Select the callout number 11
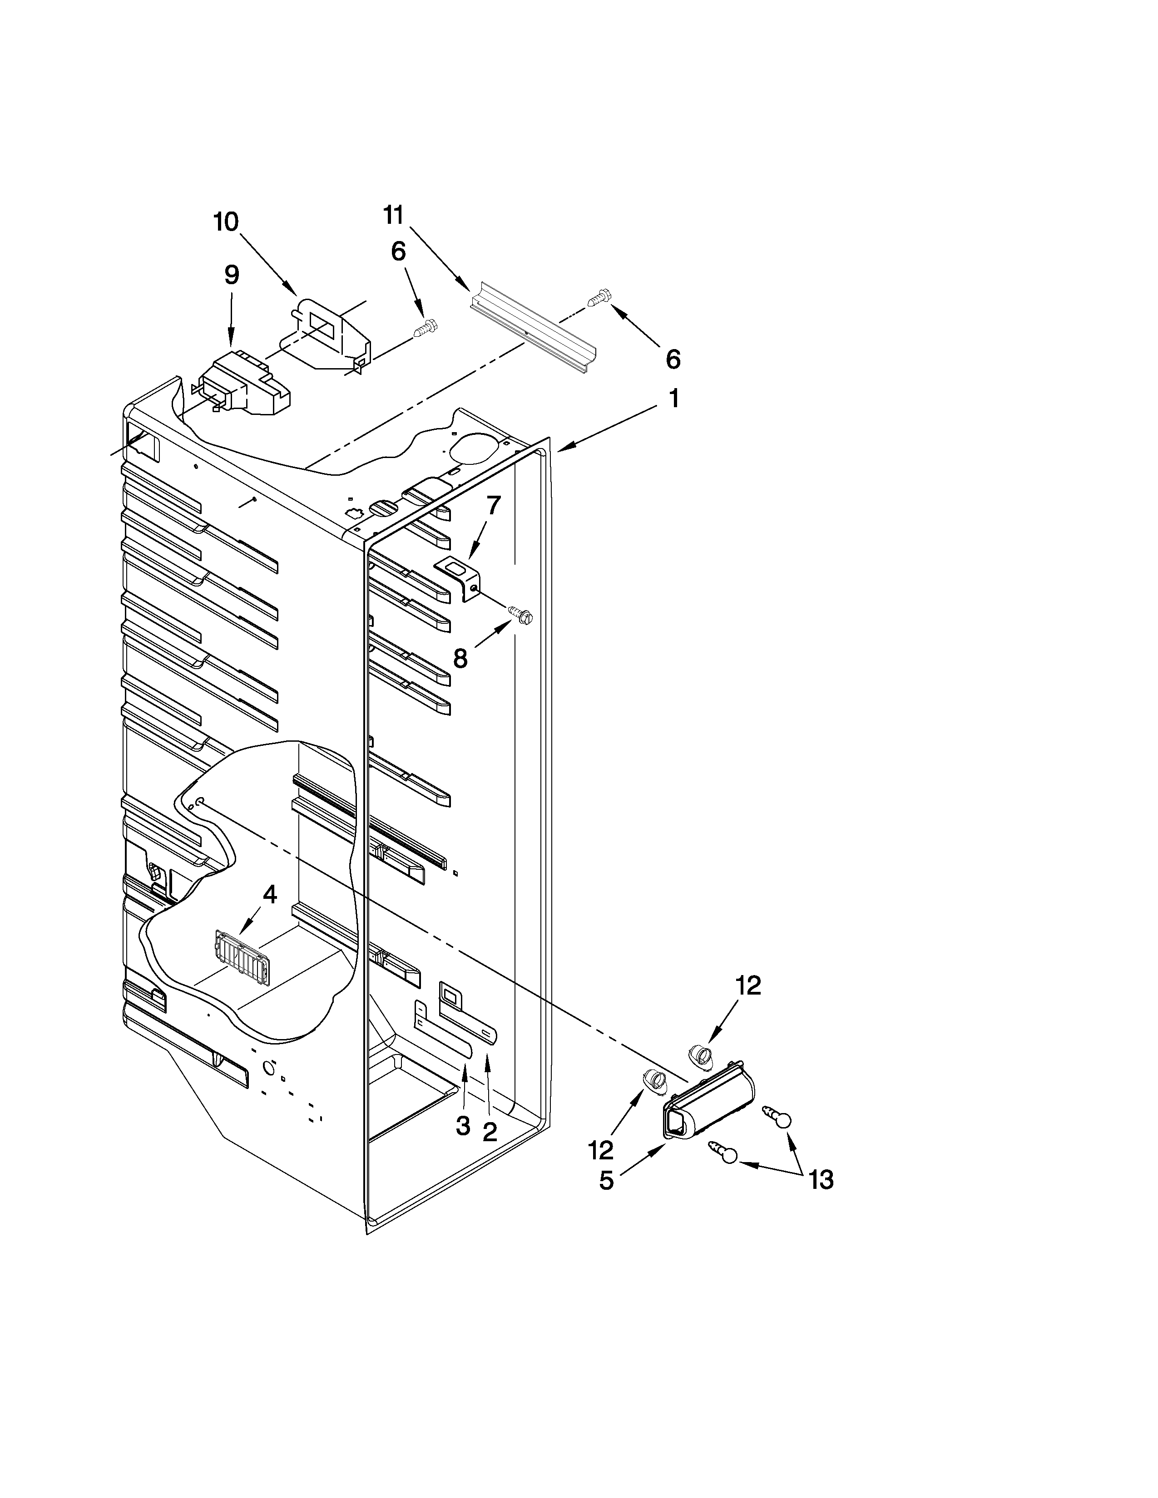click(x=393, y=215)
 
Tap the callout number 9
click(x=232, y=275)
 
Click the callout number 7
click(x=494, y=506)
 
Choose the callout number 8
click(x=460, y=659)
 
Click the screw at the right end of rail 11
click(x=599, y=298)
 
